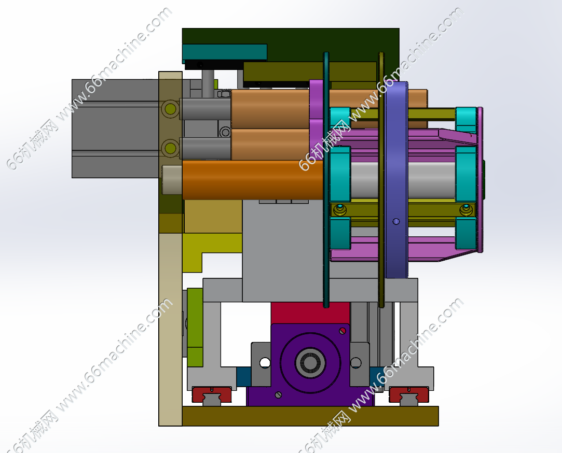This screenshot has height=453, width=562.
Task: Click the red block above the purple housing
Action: tap(310, 313)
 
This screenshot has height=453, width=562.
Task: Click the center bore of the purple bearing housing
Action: tap(310, 362)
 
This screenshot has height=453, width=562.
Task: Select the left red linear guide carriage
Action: tap(211, 394)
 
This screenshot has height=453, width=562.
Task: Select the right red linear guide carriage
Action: tap(409, 394)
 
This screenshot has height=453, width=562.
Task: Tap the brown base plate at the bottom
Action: tap(310, 416)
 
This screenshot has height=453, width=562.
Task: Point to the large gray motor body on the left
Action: tap(115, 129)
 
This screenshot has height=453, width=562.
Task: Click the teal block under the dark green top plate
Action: tap(225, 52)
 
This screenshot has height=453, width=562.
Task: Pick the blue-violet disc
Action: tap(397, 180)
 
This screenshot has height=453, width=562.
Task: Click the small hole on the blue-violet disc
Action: tap(396, 222)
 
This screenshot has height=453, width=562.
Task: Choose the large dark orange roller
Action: tap(253, 180)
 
